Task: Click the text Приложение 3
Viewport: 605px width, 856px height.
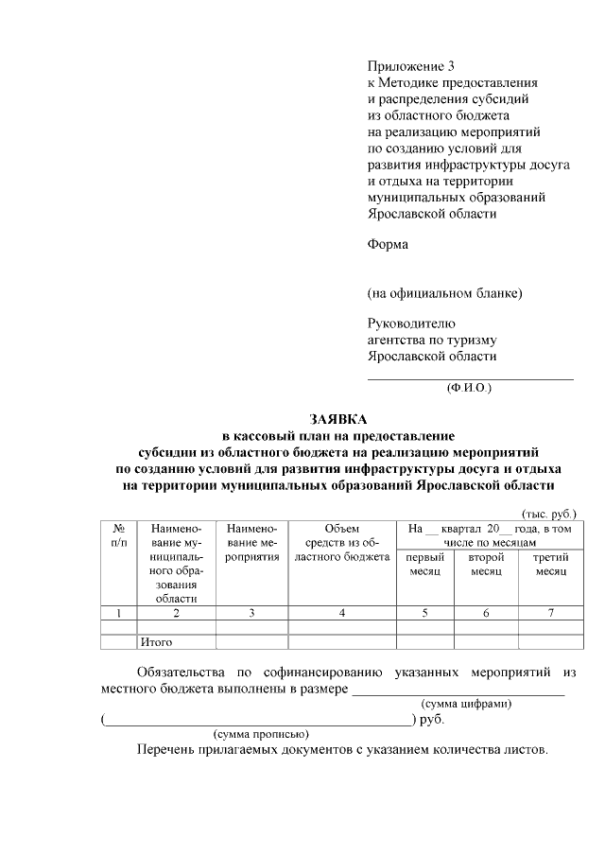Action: tap(411, 66)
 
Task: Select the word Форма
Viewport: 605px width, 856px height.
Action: tap(388, 244)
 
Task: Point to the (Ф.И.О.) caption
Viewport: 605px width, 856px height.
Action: tap(469, 388)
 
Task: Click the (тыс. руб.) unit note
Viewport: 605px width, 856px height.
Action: tap(549, 512)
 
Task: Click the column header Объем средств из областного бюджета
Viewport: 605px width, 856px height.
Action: tap(341, 543)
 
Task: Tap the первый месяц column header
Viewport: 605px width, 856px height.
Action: tap(425, 565)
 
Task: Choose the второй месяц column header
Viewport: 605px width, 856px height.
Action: tap(486, 565)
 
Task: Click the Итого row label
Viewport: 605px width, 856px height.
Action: tap(156, 642)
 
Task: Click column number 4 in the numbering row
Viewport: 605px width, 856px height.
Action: tap(341, 613)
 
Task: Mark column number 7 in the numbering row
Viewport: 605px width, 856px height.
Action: tap(550, 613)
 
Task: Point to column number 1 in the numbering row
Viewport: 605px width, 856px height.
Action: tap(118, 613)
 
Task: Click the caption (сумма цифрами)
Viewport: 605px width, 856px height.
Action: tap(466, 704)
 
